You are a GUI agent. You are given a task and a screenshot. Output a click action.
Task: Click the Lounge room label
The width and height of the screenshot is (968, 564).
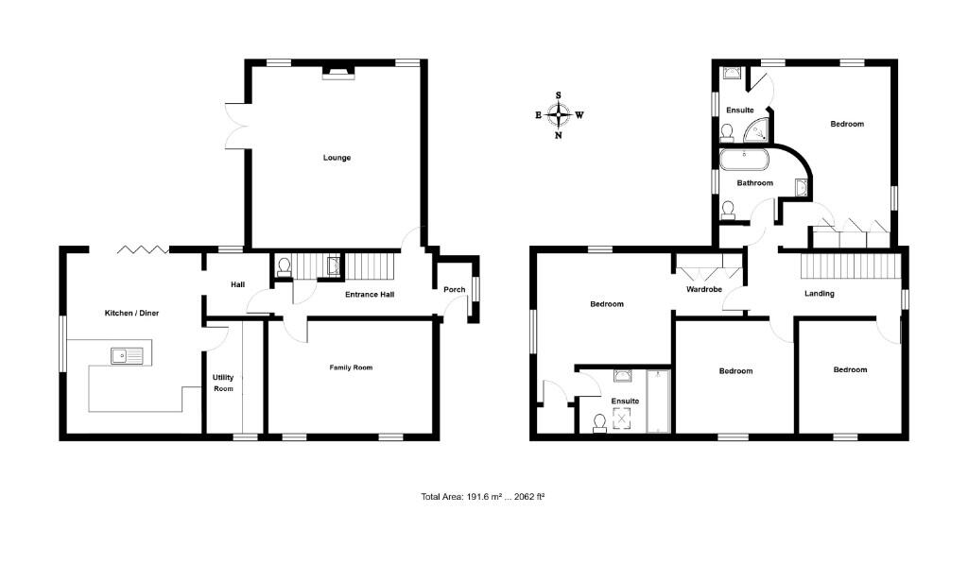(337, 158)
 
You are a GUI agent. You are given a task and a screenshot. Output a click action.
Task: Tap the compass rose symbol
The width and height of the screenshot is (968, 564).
(559, 115)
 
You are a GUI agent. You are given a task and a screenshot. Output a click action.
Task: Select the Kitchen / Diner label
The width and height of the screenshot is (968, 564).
(131, 312)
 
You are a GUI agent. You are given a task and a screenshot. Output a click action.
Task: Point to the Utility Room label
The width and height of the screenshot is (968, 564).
(223, 383)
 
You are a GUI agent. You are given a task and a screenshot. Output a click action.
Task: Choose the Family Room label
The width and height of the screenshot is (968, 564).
(350, 367)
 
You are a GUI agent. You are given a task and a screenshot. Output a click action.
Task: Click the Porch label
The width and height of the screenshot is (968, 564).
(455, 290)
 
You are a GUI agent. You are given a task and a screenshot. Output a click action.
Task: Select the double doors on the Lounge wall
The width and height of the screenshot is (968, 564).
(235, 124)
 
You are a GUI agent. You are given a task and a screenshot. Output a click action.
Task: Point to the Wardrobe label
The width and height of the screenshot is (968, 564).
(704, 290)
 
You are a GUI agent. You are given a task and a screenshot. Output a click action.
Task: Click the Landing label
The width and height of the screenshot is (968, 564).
(819, 294)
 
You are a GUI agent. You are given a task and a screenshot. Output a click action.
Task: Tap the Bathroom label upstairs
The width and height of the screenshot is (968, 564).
(755, 183)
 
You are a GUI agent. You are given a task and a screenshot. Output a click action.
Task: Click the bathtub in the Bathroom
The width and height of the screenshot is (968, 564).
(746, 157)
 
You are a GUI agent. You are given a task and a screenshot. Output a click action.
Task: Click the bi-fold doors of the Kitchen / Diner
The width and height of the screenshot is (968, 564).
(144, 249)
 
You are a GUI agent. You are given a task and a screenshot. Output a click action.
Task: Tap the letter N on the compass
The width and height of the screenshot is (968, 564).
(559, 136)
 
